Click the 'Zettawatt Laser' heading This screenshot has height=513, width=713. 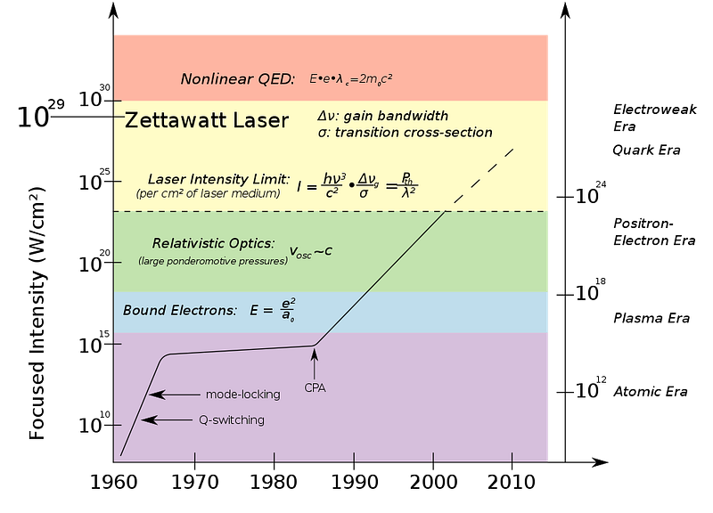point(207,120)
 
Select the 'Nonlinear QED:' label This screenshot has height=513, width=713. point(237,78)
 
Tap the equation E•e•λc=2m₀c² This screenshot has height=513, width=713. point(351,78)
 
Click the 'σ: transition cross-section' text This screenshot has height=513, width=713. point(405,133)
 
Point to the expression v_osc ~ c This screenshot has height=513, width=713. point(310,251)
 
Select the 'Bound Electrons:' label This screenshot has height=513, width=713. point(180,311)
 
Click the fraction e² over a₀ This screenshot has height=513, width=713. point(286,310)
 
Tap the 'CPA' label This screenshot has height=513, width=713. point(316,387)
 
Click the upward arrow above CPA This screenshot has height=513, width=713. point(315,363)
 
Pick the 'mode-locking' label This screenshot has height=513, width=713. point(242,395)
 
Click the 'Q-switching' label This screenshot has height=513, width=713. point(231,419)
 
